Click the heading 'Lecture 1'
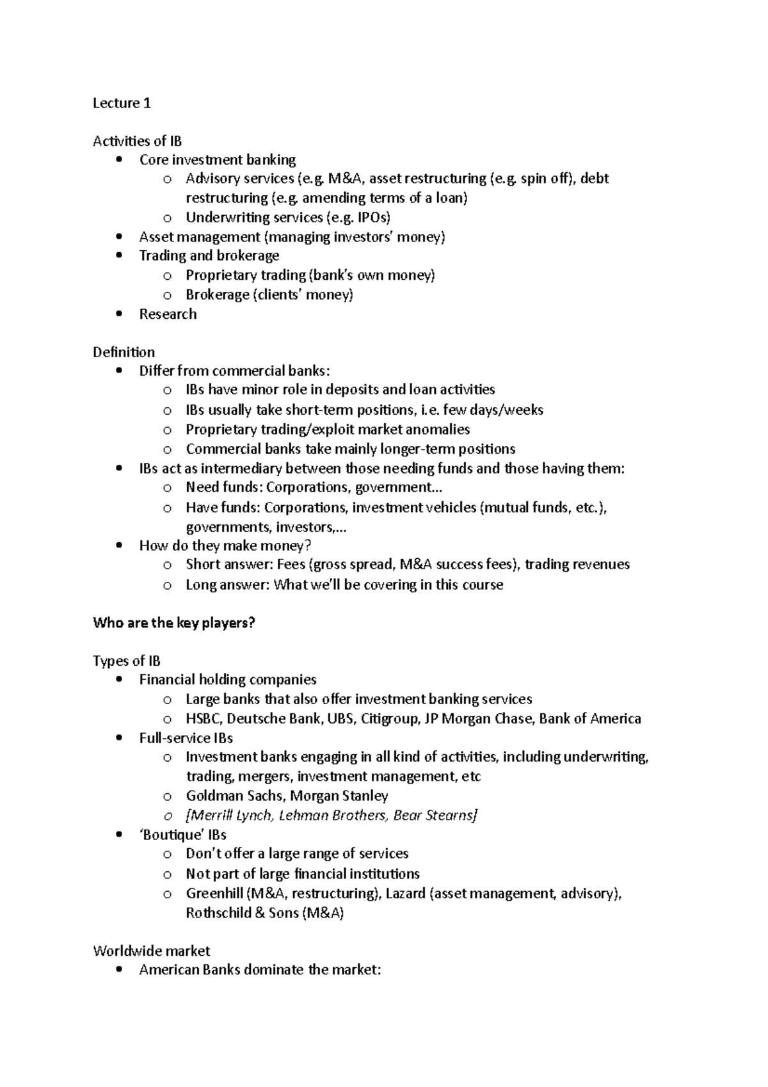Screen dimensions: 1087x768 pyautogui.click(x=122, y=103)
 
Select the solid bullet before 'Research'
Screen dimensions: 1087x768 pyautogui.click(x=119, y=314)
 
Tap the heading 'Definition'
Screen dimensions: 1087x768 pyautogui.click(x=124, y=352)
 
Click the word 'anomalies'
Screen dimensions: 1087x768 pyautogui.click(x=438, y=430)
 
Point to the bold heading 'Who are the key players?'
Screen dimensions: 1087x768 pyautogui.click(x=174, y=623)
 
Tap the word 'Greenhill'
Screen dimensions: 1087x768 pyautogui.click(x=214, y=893)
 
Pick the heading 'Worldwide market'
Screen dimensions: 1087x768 pyautogui.click(x=151, y=951)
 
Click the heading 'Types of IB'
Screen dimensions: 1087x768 pyautogui.click(x=127, y=661)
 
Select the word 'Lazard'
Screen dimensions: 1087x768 pyautogui.click(x=406, y=893)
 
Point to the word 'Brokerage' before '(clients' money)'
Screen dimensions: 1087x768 pyautogui.click(x=217, y=294)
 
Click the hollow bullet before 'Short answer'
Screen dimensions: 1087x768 pyautogui.click(x=167, y=565)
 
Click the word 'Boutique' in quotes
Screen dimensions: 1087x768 pyautogui.click(x=169, y=835)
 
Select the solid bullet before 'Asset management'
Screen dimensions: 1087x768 pyautogui.click(x=119, y=237)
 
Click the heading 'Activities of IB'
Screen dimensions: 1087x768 pyautogui.click(x=137, y=141)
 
